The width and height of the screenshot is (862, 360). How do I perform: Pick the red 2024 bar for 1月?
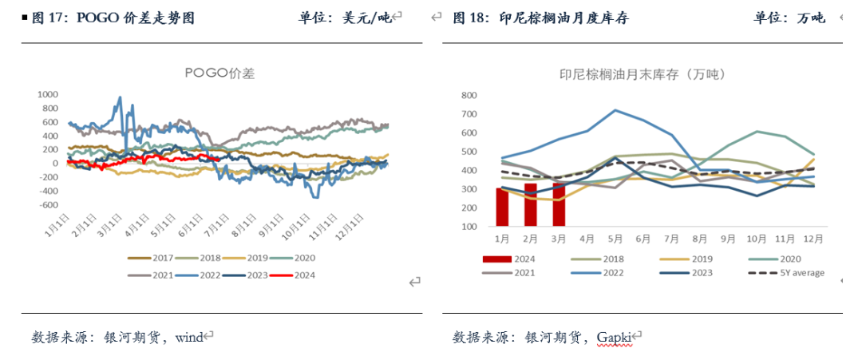click(502, 208)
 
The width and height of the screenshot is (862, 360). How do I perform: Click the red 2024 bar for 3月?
click(559, 205)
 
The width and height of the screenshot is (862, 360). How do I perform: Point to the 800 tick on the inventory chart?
click(469, 95)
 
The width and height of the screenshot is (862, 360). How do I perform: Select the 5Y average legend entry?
click(795, 273)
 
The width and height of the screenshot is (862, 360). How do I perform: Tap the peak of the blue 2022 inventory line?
click(615, 110)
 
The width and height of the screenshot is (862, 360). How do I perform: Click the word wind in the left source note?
click(188, 337)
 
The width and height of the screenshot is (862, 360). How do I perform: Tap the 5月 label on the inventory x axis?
click(615, 238)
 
